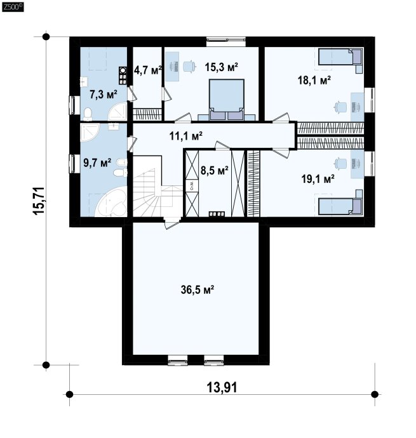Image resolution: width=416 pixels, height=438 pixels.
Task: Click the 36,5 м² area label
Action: coord(198,290)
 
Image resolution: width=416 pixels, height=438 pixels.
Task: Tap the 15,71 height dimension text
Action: coord(39,201)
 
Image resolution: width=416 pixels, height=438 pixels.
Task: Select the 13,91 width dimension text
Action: coord(222,387)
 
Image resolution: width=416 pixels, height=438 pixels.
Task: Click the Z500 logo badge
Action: coord(13,7)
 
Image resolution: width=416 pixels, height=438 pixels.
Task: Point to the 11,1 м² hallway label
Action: coord(186,136)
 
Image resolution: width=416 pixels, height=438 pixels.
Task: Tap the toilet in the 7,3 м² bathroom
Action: coord(88,114)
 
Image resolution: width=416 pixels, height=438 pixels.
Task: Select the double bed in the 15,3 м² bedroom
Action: coord(227,100)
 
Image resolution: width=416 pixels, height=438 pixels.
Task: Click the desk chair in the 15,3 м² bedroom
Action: coord(189,67)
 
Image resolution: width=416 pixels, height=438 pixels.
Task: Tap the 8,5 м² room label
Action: coord(215,170)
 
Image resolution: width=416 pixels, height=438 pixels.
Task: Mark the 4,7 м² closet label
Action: coord(148,70)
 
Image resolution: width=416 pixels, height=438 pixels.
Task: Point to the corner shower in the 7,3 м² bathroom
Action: coord(117,112)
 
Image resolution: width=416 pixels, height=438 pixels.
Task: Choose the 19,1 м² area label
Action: coord(318,179)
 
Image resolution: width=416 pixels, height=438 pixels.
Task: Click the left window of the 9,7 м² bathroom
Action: coord(73,163)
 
